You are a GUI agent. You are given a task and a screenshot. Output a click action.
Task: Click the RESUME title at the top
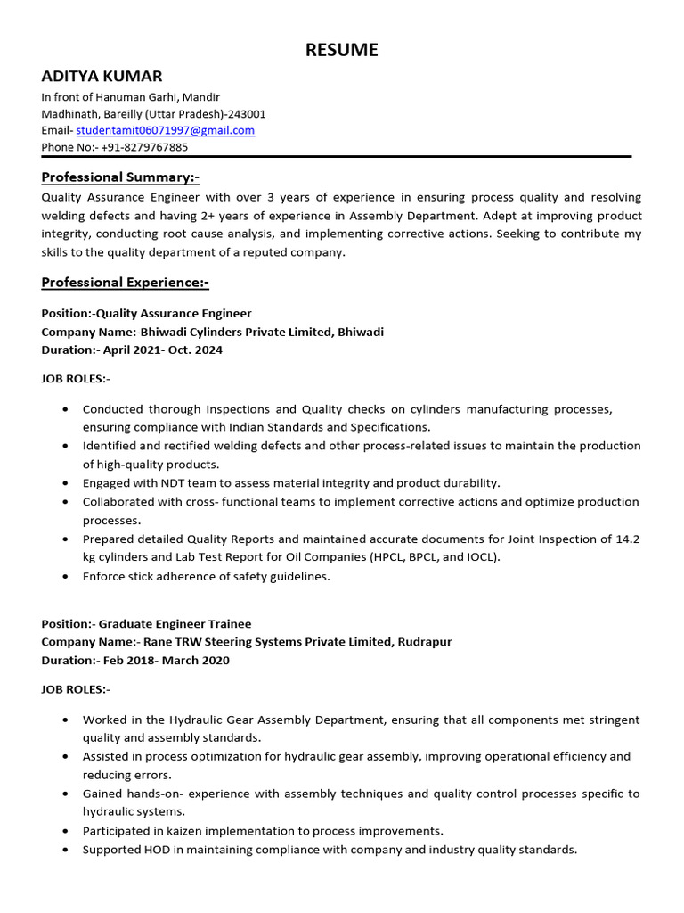341,51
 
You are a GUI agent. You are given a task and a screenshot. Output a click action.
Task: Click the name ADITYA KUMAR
102,77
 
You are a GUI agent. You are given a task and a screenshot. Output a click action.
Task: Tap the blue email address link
166,130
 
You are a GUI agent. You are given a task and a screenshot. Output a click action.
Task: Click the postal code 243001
247,113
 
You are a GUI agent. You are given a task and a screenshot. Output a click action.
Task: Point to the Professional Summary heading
120,177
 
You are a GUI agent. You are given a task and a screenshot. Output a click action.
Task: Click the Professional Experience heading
125,283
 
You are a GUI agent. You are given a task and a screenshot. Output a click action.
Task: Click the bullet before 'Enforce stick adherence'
66,577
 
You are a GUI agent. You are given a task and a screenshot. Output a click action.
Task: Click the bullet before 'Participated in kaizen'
66,831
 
